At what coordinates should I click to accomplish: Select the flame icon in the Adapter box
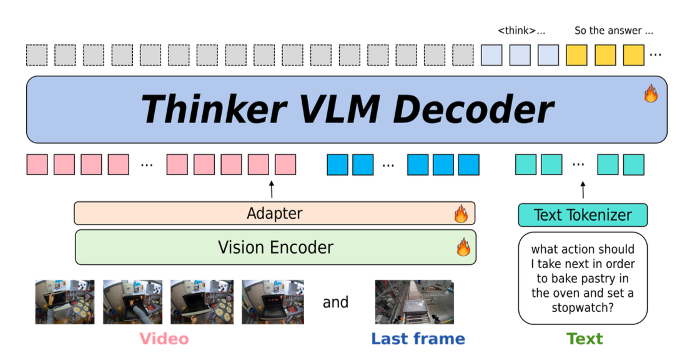click(461, 214)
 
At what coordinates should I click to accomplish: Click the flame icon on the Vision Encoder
click(463, 247)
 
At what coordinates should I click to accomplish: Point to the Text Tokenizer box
click(583, 215)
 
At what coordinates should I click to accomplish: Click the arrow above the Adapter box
click(272, 189)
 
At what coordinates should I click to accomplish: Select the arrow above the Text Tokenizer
click(583, 189)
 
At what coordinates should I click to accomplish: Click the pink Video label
click(164, 339)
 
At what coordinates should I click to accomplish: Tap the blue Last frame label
click(418, 339)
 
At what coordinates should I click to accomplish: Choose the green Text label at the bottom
click(585, 339)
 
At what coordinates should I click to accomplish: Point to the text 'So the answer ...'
click(614, 31)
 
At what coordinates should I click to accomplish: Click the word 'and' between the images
click(335, 302)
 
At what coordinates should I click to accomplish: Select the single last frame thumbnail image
click(414, 301)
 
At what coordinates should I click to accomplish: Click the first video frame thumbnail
click(64, 301)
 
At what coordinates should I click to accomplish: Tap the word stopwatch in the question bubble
click(582, 307)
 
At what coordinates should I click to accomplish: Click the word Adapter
click(275, 214)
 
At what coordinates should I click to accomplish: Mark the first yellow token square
click(576, 55)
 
